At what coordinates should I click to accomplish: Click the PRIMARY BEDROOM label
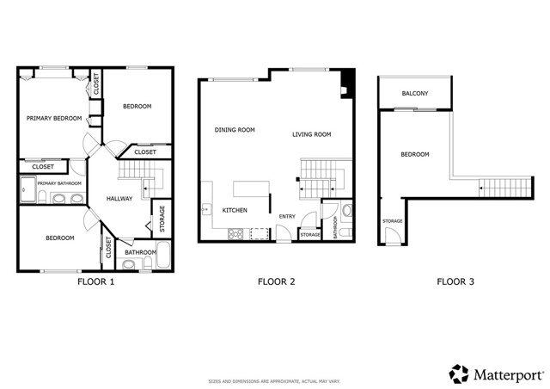pos(53,118)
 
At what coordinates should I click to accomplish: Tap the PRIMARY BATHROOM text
pos(58,183)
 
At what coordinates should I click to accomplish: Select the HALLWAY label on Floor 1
pos(119,199)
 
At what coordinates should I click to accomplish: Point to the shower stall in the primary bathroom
pos(28,189)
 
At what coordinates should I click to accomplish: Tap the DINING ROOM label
pos(235,130)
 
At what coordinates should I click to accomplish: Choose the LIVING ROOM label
pos(311,134)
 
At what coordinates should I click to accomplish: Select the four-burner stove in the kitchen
pos(235,233)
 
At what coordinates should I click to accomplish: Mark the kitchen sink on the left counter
pos(205,209)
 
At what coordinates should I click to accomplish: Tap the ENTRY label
pos(286,217)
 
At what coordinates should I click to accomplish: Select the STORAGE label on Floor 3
pos(392,221)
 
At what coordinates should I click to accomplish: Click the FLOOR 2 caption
pos(277,281)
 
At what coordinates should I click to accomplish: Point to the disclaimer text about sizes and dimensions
pos(275,380)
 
